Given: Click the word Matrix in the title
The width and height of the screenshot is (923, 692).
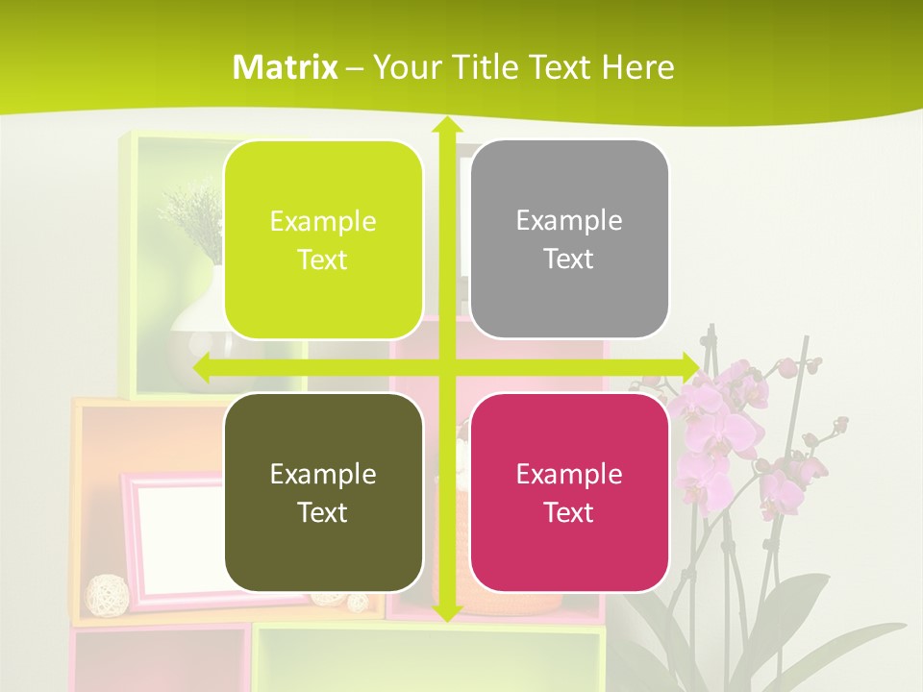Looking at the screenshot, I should point(286,67).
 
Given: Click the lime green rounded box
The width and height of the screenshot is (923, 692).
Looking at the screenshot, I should point(323,239).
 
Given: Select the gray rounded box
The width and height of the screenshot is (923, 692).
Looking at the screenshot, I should point(569,239).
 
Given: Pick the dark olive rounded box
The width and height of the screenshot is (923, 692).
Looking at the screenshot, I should point(323,492).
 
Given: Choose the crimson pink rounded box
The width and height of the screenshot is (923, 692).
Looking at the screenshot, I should point(569,492).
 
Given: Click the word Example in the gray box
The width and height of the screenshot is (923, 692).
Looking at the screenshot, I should point(569,220).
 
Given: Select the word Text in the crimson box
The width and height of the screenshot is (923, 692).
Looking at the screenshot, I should point(569,512).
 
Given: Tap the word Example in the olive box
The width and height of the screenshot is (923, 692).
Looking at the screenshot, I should point(323,474).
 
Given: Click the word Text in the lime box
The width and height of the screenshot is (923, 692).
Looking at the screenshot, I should point(323,259).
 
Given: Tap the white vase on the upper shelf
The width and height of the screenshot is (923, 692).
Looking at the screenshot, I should point(197,332).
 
